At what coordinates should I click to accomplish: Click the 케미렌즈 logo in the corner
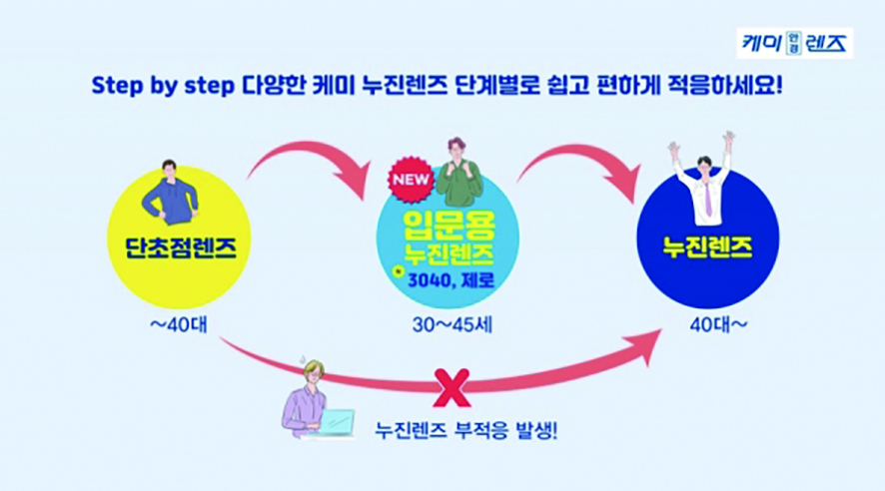click(795, 43)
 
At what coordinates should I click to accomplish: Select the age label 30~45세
click(446, 325)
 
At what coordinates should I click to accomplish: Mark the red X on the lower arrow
click(453, 384)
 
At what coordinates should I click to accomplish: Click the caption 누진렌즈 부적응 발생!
click(465, 432)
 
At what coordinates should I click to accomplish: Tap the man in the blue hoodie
click(171, 198)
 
